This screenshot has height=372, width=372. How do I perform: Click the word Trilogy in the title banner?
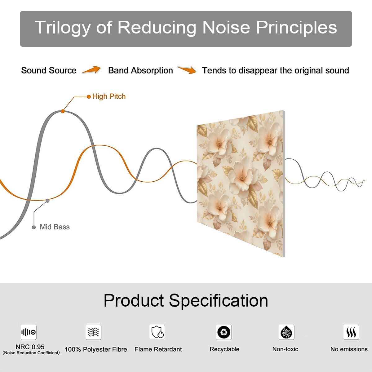coord(63,28)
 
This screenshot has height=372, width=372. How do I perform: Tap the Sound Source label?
coord(49,70)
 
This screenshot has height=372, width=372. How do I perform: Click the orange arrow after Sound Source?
coord(91,69)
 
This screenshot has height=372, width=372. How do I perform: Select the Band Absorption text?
coord(140,70)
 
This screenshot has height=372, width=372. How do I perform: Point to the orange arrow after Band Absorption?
coord(187,70)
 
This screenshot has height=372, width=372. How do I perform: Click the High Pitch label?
coord(109,96)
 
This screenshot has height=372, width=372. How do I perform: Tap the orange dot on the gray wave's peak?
coord(63,111)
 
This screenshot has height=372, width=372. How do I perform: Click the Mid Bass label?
coord(55,227)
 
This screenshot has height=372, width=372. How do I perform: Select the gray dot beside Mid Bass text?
coord(34,227)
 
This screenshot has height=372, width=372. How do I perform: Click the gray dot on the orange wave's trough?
coord(47,201)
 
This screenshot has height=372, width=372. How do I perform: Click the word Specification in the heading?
coord(219,301)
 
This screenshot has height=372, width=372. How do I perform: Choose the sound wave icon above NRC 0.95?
coord(29,332)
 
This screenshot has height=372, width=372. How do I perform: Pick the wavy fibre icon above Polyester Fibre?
coord(93,332)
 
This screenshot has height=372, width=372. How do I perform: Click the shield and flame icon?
coord(157,332)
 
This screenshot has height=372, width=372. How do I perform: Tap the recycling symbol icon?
coord(224,332)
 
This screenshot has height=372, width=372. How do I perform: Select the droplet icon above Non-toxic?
coord(286,332)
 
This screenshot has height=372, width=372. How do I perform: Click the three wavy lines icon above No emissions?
coord(351,332)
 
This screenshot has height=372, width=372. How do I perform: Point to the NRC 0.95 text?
coord(30,347)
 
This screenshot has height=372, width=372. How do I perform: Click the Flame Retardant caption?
coord(158,349)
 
